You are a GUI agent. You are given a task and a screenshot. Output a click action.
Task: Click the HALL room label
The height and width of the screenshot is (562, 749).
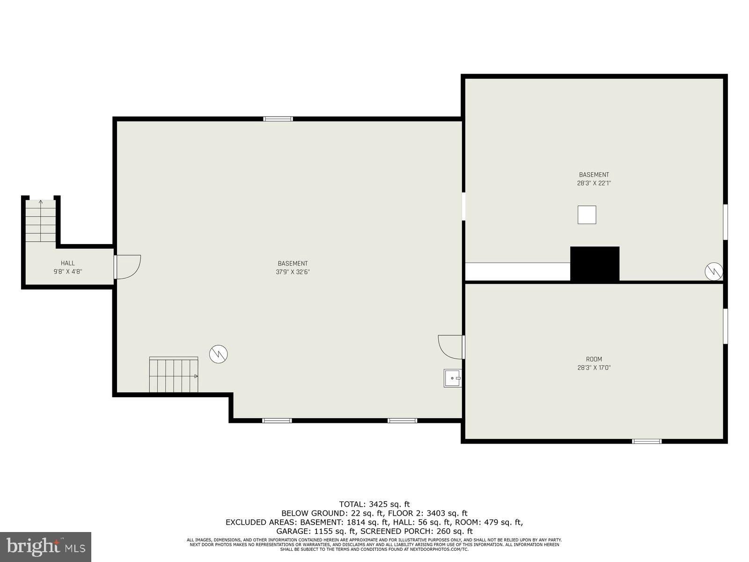[67, 263]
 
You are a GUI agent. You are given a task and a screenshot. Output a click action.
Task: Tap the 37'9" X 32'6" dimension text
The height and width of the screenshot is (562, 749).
[293, 272]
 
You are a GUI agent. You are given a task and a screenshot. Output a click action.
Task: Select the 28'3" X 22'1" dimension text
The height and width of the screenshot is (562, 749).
[594, 184]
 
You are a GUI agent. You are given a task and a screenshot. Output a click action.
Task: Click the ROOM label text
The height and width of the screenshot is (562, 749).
[594, 359]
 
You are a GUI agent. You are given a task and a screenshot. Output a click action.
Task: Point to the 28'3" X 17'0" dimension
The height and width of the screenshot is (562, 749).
[594, 368]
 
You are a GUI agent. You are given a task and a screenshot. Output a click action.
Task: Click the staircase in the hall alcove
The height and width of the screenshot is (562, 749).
[41, 221]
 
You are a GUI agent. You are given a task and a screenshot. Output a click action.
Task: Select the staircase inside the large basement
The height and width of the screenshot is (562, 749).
[174, 375]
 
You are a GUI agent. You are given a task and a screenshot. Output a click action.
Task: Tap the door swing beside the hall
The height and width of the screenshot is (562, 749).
[127, 267]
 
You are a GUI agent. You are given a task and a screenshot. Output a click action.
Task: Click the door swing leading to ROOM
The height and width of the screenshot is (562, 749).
[450, 347]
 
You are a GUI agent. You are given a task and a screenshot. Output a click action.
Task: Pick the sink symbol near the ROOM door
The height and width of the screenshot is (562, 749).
[452, 378]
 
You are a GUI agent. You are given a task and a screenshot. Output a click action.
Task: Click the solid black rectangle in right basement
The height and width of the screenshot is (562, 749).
[595, 264]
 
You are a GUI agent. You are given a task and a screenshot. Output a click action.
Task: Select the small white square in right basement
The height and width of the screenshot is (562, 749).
[587, 215]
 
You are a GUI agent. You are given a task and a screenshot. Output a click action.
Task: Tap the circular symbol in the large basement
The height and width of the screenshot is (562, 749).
[218, 354]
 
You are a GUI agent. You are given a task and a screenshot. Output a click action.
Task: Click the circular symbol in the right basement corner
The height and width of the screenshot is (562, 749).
[713, 272]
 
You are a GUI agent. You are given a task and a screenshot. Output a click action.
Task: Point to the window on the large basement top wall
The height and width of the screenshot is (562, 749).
[278, 119]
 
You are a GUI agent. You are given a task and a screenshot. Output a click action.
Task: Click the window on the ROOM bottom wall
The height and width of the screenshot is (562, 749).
[646, 441]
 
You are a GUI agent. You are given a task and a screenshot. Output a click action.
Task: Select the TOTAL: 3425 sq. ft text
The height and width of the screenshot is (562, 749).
[374, 504]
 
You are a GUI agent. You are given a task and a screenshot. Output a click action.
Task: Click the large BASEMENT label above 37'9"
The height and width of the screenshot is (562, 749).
[293, 264]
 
